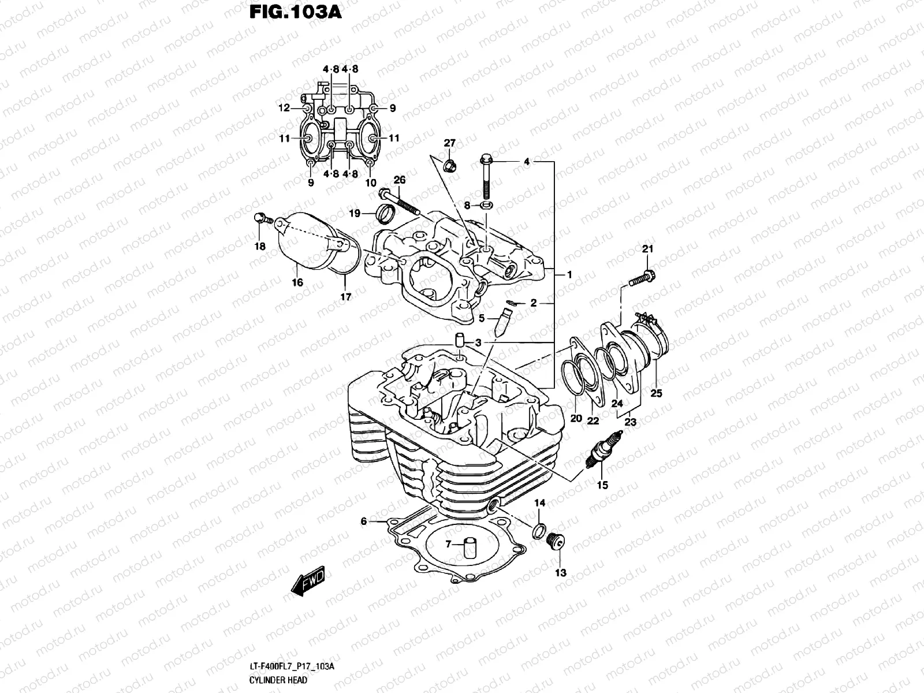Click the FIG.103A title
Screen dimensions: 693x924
(x=295, y=13)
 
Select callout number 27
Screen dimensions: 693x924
(x=449, y=143)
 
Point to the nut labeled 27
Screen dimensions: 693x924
(x=450, y=166)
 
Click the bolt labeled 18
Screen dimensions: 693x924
(x=261, y=219)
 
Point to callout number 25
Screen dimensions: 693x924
(x=656, y=394)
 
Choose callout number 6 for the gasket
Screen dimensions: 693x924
(x=364, y=521)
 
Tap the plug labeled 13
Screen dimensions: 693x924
(x=557, y=543)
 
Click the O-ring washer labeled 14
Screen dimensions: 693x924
(x=539, y=530)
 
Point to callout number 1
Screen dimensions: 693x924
(x=569, y=275)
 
